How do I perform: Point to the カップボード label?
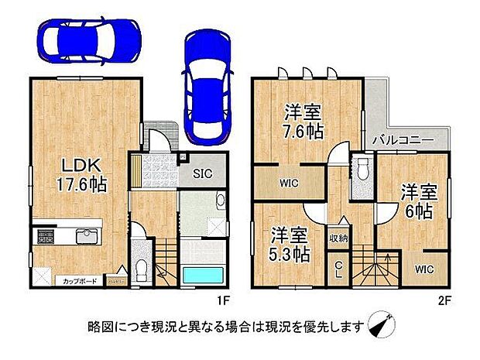point(80,282)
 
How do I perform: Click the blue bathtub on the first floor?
point(204,276)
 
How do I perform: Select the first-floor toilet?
point(141,270)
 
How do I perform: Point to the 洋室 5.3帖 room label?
point(286,242)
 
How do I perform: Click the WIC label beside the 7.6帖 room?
point(289,183)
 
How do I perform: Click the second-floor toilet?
point(361,170)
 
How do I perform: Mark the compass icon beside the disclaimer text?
point(379,324)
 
